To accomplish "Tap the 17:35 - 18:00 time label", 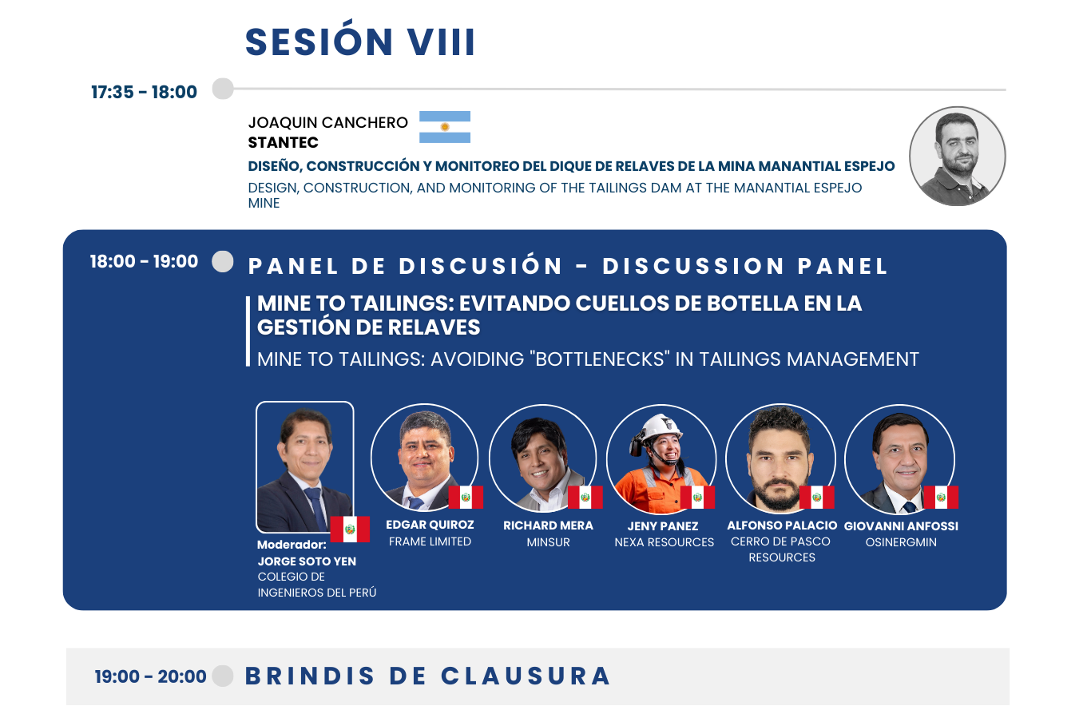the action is (x=145, y=92).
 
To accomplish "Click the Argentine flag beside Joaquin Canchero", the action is (x=445, y=127).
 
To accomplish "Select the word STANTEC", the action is (x=283, y=143).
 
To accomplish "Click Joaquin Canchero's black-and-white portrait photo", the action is (x=957, y=157).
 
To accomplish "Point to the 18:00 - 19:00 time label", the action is (x=145, y=261).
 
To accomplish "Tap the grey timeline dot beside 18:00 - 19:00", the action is (x=223, y=261).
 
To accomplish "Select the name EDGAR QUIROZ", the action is (x=430, y=525).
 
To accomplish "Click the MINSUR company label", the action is (x=548, y=542).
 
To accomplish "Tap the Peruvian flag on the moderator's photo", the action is (x=350, y=529).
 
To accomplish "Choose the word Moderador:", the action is (x=292, y=545).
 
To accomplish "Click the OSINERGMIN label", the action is (x=901, y=542).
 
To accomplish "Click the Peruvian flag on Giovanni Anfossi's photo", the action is (x=941, y=497).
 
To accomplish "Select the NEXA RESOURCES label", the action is (x=664, y=542).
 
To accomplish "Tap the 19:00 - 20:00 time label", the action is (x=150, y=676).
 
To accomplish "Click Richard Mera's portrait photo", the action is (x=542, y=458).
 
